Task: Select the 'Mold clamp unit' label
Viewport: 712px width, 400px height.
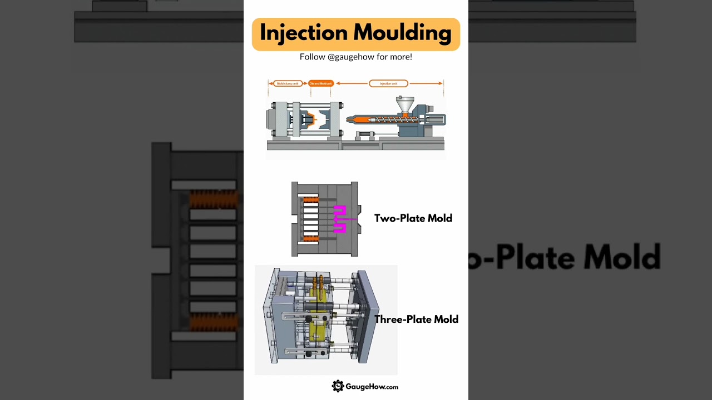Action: (288, 83)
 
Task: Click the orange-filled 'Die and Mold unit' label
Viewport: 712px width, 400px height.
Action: (321, 83)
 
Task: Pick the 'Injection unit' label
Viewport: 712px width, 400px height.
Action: (388, 83)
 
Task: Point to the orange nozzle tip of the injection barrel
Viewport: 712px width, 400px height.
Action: (350, 119)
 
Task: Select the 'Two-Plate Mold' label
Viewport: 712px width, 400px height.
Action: (413, 218)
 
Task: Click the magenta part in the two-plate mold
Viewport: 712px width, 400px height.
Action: (339, 218)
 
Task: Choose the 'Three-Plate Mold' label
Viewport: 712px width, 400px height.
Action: (416, 319)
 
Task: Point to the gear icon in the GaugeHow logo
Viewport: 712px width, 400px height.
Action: (338, 386)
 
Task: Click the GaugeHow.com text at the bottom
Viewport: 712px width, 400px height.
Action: (372, 387)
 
